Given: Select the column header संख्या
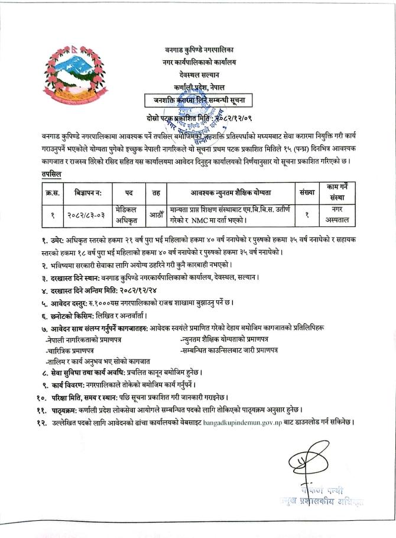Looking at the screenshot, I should pyautogui.click(x=307, y=193).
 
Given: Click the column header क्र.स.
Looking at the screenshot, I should pyautogui.click(x=51, y=193).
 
